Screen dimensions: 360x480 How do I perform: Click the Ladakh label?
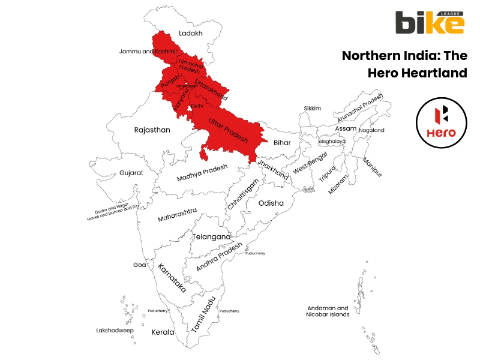[x=191, y=34]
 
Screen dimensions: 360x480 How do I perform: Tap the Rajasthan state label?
[x=152, y=130]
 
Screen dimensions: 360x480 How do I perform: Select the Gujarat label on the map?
[x=131, y=172]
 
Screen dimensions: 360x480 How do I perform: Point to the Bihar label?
[x=282, y=143]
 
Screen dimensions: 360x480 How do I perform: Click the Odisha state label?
[x=271, y=203]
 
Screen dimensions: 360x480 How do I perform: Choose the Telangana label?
[x=211, y=236]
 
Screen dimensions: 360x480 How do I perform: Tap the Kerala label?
[x=163, y=332]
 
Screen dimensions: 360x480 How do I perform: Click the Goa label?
[x=139, y=265]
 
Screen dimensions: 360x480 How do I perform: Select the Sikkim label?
[x=312, y=109]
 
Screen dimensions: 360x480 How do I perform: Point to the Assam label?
[x=346, y=129]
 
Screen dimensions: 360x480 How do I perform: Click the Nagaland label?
[x=371, y=130]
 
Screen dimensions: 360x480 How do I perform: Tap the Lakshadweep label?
[x=115, y=330]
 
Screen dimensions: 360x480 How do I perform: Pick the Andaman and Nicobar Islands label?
[x=327, y=311]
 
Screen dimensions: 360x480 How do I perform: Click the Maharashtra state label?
[x=177, y=214]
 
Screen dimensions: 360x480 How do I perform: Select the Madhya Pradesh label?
[x=202, y=173]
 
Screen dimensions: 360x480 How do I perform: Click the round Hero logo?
[x=444, y=124]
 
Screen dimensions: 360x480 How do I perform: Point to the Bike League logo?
[x=429, y=23]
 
